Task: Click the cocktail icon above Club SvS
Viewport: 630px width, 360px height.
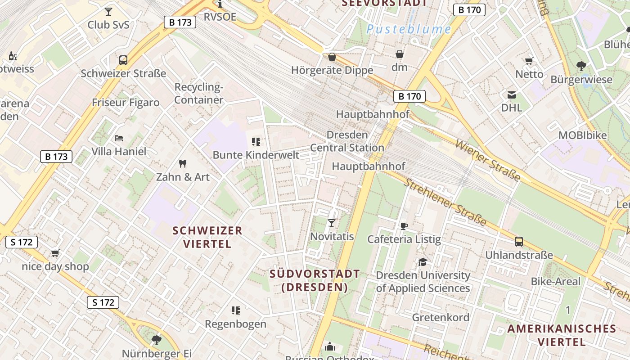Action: (x=108, y=11)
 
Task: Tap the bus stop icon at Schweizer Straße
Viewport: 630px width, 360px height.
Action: (x=123, y=60)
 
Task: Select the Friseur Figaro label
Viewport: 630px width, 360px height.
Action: (x=126, y=103)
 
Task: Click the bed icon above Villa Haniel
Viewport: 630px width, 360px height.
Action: (x=119, y=138)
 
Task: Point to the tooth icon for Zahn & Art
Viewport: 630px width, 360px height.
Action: (x=183, y=163)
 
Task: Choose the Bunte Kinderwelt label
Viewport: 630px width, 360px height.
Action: (x=256, y=155)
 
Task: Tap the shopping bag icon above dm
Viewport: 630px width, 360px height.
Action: (x=400, y=54)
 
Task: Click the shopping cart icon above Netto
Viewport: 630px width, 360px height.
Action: (x=529, y=61)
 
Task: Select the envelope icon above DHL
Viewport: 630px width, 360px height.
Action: (x=512, y=95)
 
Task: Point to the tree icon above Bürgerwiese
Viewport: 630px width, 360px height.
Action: (x=581, y=66)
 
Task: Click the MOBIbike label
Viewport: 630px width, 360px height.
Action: (x=582, y=135)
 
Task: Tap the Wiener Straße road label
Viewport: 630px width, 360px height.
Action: (x=488, y=160)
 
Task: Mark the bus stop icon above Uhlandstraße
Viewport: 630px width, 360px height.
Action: (x=519, y=242)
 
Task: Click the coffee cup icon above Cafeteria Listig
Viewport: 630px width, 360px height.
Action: (x=404, y=226)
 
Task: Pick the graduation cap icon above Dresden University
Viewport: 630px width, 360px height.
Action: (x=423, y=262)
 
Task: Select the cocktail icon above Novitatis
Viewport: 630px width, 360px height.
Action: (x=332, y=223)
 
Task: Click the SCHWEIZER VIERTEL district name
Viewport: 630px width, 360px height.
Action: (x=207, y=237)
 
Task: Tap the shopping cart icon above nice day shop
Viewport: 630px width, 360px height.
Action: (x=55, y=253)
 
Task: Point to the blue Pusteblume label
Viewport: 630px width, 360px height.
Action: (x=409, y=30)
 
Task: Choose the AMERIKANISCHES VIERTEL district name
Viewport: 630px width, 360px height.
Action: (x=562, y=335)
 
